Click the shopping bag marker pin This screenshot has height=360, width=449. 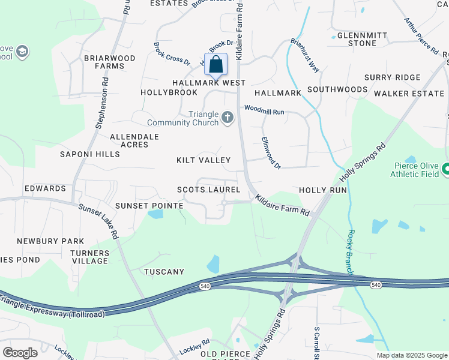[215, 65]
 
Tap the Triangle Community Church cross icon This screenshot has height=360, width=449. [227, 117]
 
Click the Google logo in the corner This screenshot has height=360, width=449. [20, 353]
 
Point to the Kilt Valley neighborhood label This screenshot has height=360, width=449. [203, 160]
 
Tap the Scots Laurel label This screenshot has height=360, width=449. [208, 190]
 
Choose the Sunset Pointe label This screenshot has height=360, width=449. [149, 206]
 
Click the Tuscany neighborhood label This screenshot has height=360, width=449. [164, 272]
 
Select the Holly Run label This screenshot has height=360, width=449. [323, 190]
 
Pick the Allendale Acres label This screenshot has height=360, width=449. [134, 140]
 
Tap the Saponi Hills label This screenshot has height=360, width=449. [89, 154]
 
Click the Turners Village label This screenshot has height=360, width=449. [89, 257]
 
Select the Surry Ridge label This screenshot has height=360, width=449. [392, 77]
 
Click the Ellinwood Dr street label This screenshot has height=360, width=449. [271, 152]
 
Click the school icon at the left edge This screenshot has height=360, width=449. [23, 52]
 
